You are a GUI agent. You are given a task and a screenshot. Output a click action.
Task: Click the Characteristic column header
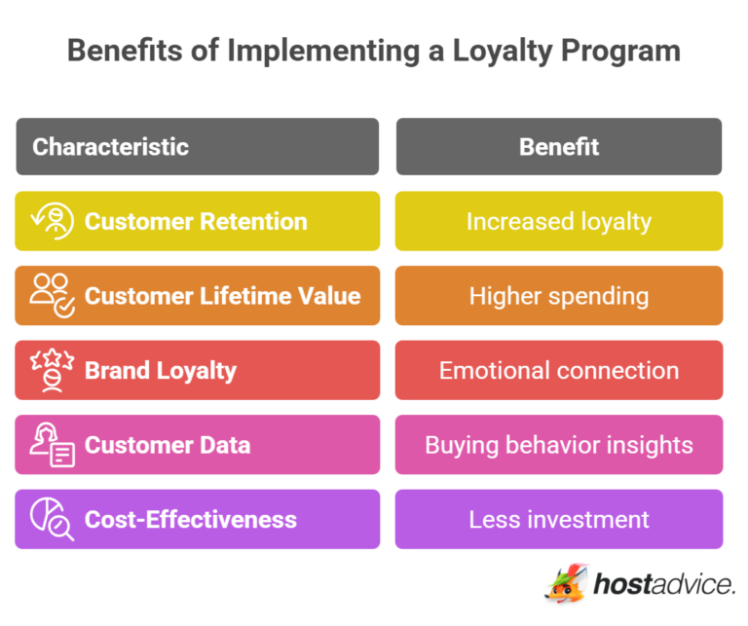coord(110,147)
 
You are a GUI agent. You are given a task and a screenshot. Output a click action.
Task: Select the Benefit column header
coord(558,147)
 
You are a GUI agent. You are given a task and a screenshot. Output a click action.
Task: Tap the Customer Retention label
coord(196,221)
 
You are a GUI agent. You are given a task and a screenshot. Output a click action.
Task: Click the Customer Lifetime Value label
coord(222,296)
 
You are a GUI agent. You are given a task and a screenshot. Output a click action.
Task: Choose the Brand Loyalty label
coord(161,371)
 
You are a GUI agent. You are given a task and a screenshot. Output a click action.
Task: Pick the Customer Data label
coord(168,445)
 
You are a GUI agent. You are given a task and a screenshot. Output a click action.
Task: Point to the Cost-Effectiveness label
coord(191,519)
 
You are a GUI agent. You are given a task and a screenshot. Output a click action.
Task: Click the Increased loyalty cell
coord(558,221)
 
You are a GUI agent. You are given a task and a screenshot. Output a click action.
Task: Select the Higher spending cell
coord(558,296)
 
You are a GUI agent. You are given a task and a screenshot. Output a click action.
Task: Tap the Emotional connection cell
coord(558,371)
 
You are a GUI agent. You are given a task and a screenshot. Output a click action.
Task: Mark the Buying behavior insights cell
coord(558,445)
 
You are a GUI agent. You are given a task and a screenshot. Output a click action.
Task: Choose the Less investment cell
coord(558,519)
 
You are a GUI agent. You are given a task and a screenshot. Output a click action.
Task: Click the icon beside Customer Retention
coord(53,221)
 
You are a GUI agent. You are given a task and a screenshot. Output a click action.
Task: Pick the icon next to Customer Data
coord(53,445)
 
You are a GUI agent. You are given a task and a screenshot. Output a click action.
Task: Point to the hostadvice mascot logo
coord(566,583)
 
